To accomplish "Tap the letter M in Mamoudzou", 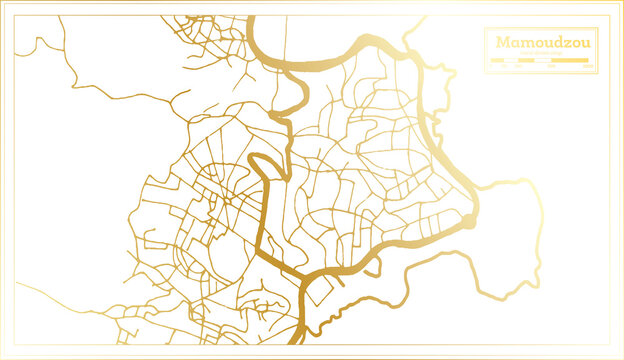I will coord(498,43).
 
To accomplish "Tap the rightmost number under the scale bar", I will coord(588,67).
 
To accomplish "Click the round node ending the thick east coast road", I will coord(468,221).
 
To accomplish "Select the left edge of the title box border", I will coord(484,50).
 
